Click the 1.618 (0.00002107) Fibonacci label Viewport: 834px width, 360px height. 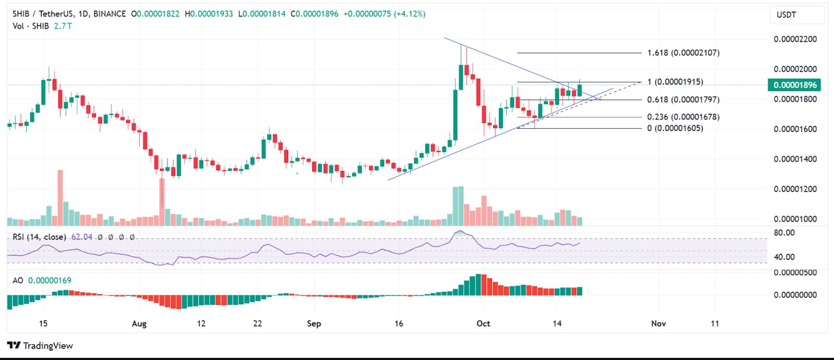[683, 53]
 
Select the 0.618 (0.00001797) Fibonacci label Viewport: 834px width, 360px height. [683, 100]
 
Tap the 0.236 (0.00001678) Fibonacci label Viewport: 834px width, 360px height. [683, 117]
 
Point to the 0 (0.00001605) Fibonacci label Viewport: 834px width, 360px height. [675, 128]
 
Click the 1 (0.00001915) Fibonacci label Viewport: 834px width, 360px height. [675, 82]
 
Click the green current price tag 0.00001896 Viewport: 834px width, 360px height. [794, 85]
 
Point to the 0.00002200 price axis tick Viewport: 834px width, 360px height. [795, 39]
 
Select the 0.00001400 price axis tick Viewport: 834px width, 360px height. [795, 159]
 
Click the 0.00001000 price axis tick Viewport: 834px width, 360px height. [795, 219]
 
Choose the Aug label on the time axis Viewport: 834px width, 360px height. [139, 324]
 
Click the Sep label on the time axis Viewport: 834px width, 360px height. [314, 324]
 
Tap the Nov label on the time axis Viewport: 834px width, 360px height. [658, 324]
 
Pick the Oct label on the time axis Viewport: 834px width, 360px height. [483, 324]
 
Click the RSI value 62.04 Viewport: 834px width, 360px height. [82, 237]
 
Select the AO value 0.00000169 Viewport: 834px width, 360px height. [50, 280]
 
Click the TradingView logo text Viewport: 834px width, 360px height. [47, 345]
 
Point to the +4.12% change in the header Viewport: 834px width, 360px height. [410, 14]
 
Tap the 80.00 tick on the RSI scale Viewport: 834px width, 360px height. [784, 232]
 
